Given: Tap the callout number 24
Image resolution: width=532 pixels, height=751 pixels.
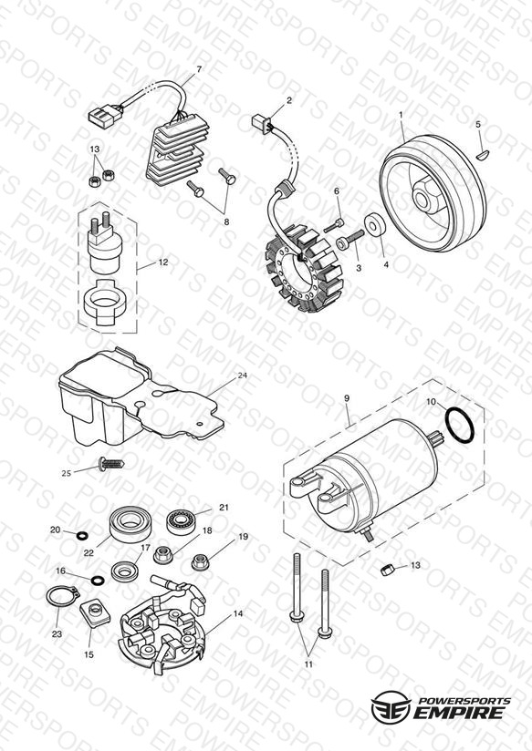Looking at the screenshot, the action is pyautogui.click(x=243, y=375).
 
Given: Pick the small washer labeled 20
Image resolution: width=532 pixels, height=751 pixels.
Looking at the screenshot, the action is pyautogui.click(x=82, y=534).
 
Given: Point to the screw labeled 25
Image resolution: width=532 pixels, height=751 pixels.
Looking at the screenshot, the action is pyautogui.click(x=111, y=464).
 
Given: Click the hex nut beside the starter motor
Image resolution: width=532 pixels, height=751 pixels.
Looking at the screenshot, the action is pyautogui.click(x=387, y=570).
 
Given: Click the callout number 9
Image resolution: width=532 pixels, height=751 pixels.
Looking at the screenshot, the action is pyautogui.click(x=347, y=398).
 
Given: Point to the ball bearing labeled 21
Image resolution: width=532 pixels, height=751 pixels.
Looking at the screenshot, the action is pyautogui.click(x=180, y=521).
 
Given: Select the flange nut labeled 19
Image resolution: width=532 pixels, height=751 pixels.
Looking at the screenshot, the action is pyautogui.click(x=200, y=561).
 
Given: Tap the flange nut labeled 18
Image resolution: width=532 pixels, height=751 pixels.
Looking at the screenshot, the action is pyautogui.click(x=162, y=556).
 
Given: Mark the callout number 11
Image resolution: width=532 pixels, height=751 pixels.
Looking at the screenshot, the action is pyautogui.click(x=308, y=664).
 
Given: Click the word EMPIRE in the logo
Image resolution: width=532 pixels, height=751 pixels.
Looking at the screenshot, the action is pyautogui.click(x=459, y=712).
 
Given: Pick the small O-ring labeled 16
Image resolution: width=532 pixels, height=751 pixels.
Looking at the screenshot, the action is pyautogui.click(x=98, y=580).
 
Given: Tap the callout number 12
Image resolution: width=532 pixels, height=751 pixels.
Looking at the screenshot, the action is pyautogui.click(x=163, y=262).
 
